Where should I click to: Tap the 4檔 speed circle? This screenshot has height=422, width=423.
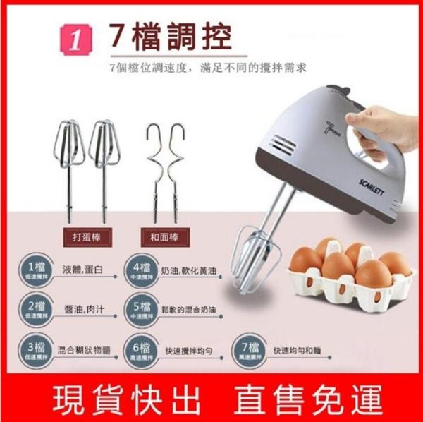(x=141, y=270)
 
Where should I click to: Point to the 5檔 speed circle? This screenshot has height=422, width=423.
(x=141, y=311)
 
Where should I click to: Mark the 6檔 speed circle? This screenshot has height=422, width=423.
(x=141, y=351)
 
